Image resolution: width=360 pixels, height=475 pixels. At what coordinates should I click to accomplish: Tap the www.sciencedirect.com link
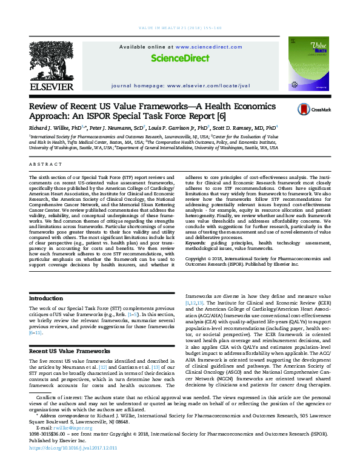(195, 46)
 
